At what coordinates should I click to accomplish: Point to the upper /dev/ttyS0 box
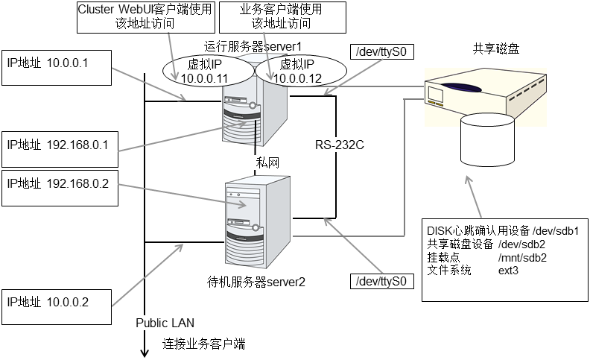coord(381,52)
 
